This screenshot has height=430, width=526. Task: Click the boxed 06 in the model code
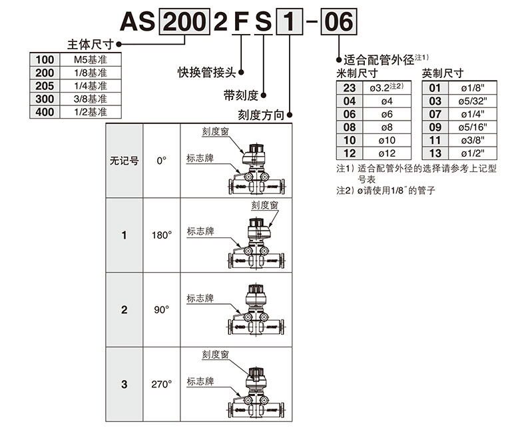(338, 23)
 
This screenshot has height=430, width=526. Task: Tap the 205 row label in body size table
(45, 86)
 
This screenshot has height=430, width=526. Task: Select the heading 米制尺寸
(358, 73)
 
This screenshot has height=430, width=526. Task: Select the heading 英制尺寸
(443, 73)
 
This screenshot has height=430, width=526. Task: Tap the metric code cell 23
(350, 87)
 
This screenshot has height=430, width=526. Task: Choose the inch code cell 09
(435, 127)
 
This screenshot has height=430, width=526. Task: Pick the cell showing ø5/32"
(474, 101)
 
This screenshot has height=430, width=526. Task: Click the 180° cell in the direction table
(161, 235)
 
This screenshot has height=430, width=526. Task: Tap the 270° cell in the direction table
(161, 384)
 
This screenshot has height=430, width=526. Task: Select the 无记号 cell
(124, 161)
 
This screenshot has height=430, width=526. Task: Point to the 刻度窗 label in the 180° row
(264, 205)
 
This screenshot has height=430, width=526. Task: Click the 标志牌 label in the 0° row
(200, 158)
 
